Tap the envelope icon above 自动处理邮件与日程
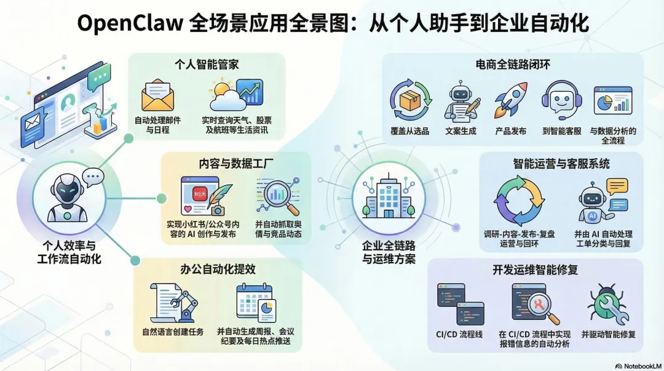(157, 95)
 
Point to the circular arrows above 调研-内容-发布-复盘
(520, 201)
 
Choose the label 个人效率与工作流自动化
(69, 252)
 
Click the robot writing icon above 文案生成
(462, 102)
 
